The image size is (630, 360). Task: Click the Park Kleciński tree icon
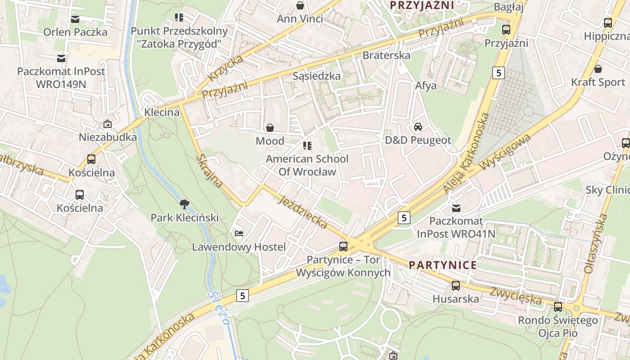pos(184,204)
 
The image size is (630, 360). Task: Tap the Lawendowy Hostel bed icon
pos(239,233)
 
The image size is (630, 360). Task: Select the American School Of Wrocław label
pos(307,165)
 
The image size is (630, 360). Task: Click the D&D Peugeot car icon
pos(418,127)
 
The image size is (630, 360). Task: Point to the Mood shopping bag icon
pos(270,128)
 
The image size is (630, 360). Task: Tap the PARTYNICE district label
pos(443,265)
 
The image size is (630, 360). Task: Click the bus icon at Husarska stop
pos(455,285)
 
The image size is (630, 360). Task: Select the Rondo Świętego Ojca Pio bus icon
pos(558,307)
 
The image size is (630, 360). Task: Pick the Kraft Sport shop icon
pos(598,69)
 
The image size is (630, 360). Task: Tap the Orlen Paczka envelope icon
pos(75,19)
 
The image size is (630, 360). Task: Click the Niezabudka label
pos(108,137)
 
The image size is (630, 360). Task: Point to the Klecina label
pos(162,112)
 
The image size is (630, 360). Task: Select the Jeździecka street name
pos(302,212)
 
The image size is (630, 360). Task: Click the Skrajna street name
pos(210,171)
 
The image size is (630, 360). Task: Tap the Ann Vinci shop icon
pos(300,5)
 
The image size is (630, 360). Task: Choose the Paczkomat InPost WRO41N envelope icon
pos(456,208)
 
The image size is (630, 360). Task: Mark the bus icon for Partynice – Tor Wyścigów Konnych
pos(343,246)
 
